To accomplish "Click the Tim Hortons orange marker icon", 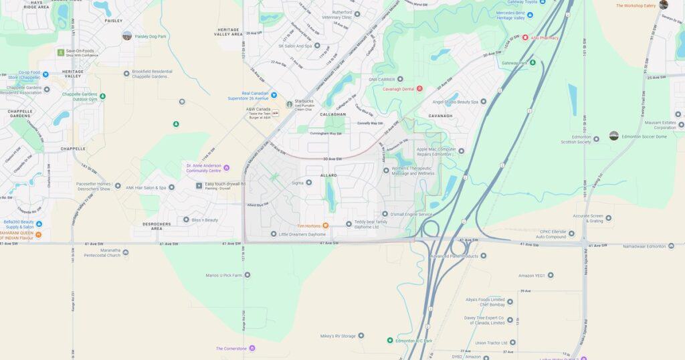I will [x=326, y=226].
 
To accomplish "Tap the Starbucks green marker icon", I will [x=290, y=104].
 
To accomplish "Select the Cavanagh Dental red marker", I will [x=419, y=88].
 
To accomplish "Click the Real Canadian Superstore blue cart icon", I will [x=274, y=95].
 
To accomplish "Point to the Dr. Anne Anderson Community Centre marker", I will [x=226, y=167].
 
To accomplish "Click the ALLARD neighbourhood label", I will [x=328, y=175].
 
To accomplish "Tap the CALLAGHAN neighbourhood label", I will [x=333, y=114].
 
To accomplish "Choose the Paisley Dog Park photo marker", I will [x=127, y=35].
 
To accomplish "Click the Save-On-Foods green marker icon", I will [x=60, y=52].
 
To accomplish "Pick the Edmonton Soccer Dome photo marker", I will [x=613, y=136].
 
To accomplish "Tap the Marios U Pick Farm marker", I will [x=247, y=274].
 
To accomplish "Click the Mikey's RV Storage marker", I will [x=361, y=335].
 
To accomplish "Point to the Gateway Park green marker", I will [x=532, y=63].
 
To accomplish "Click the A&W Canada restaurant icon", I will [x=275, y=113].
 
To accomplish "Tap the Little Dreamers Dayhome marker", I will [x=274, y=234].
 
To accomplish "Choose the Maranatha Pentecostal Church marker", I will [x=125, y=252].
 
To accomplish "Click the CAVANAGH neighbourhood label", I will [x=441, y=116].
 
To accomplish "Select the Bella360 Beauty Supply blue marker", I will [x=39, y=223].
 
